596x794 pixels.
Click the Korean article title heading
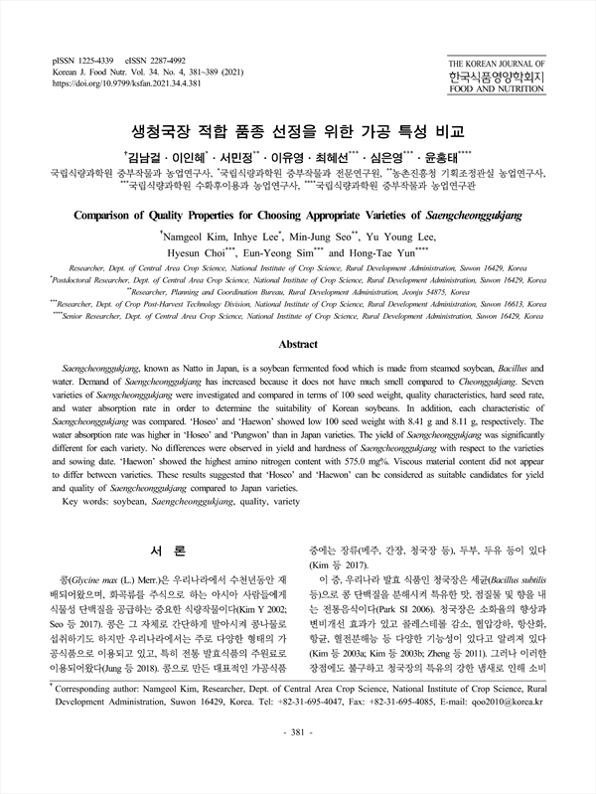coord(298,131)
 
